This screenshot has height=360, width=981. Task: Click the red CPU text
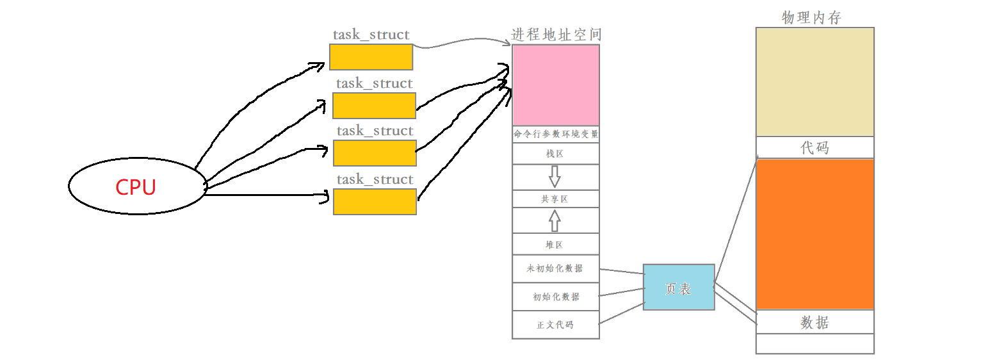click(x=136, y=187)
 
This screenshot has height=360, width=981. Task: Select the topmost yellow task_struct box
click(x=371, y=56)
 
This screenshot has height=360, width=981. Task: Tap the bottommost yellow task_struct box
click(x=375, y=201)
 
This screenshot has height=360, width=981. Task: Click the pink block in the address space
click(x=556, y=85)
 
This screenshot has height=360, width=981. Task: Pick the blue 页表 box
click(x=678, y=288)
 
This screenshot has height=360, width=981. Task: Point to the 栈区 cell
click(x=556, y=154)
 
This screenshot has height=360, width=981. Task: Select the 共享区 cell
click(x=556, y=199)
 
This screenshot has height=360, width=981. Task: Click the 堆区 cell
click(x=556, y=245)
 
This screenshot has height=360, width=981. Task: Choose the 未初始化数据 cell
click(x=556, y=268)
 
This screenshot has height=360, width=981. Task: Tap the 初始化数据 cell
click(x=556, y=297)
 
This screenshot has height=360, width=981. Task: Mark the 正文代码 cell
click(x=556, y=325)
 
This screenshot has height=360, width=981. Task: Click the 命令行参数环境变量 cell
click(x=556, y=135)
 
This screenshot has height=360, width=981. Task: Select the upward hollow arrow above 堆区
click(x=555, y=221)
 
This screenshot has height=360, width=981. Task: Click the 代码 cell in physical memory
click(x=815, y=147)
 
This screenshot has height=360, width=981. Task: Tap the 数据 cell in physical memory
click(x=815, y=322)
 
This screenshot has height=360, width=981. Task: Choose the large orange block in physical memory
click(x=815, y=234)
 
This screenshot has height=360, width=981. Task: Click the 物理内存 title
click(x=811, y=18)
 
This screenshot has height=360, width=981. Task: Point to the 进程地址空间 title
click(x=556, y=35)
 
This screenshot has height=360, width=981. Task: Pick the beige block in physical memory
click(x=815, y=82)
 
